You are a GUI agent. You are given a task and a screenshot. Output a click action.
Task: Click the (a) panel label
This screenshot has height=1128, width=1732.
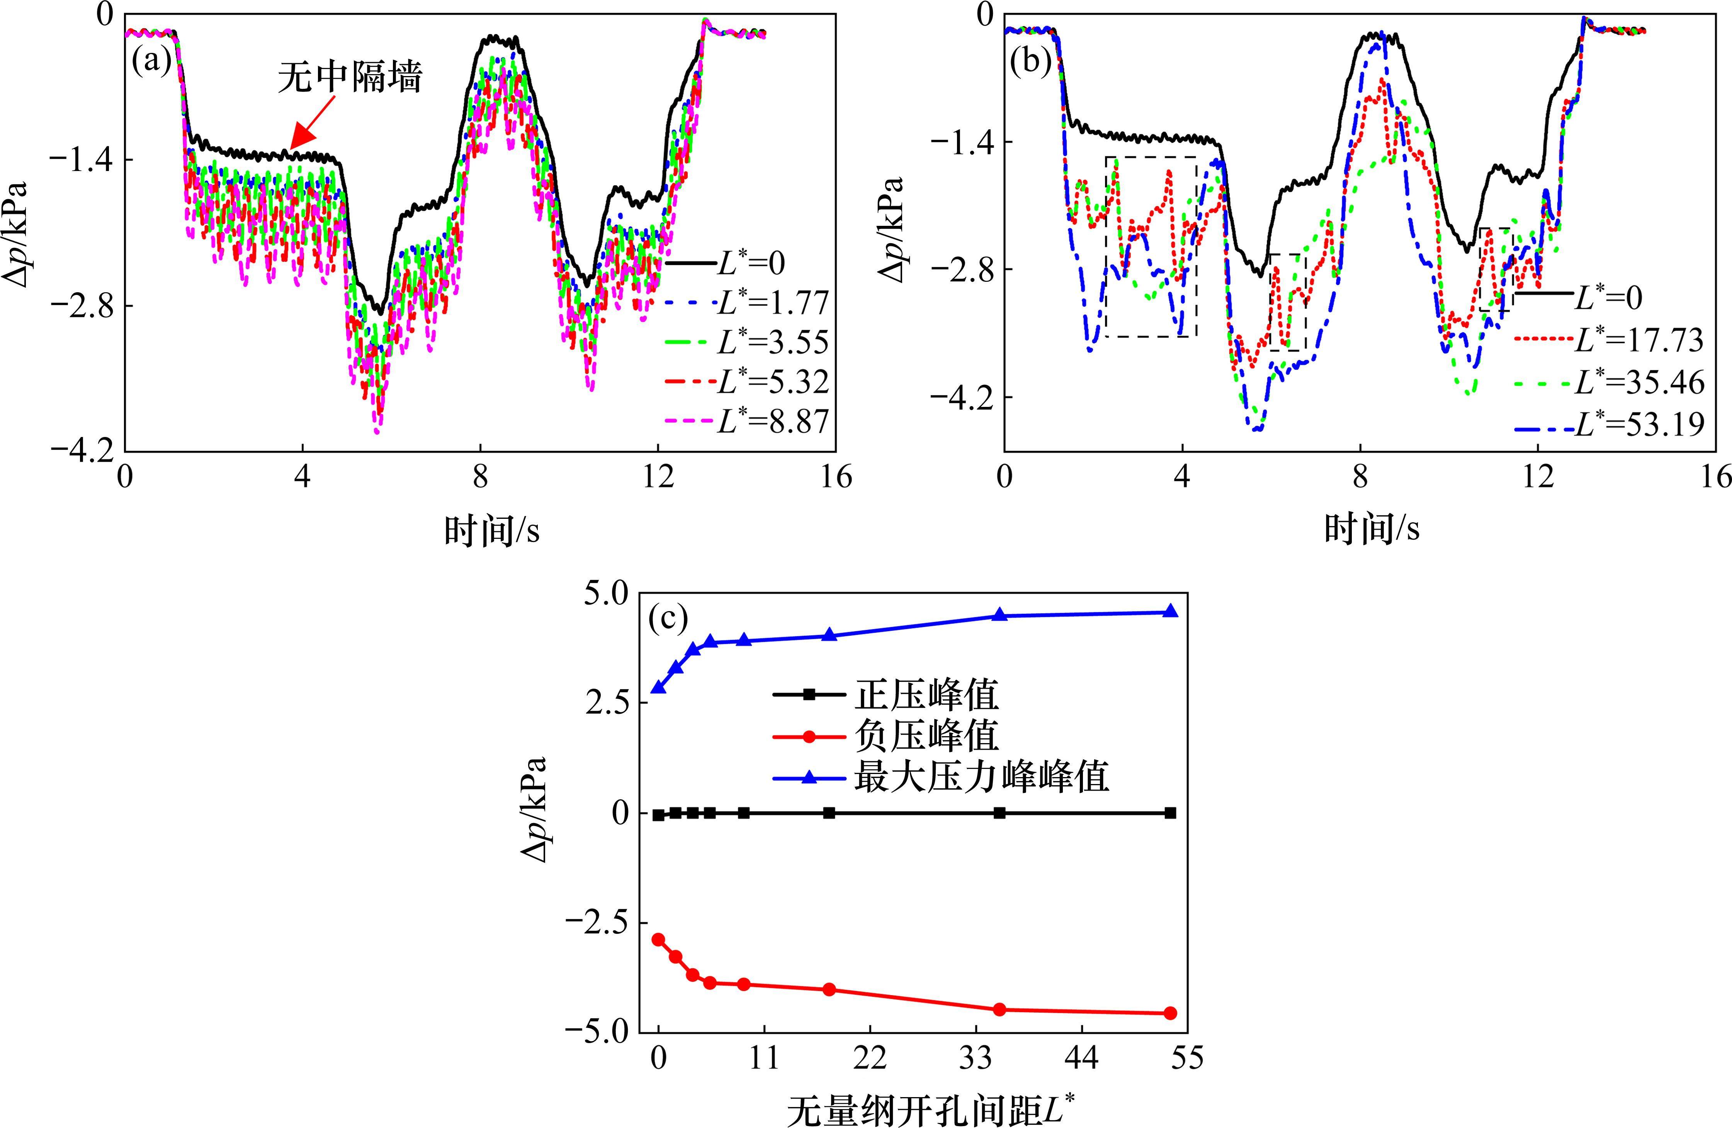point(151,62)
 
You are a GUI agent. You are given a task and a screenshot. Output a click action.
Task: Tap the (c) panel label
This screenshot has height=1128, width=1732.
point(667,618)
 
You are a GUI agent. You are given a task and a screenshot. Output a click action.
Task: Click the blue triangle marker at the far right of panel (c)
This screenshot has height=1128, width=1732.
point(1170,611)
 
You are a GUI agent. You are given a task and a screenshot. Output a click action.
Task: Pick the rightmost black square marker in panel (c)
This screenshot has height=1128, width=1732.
point(1170,813)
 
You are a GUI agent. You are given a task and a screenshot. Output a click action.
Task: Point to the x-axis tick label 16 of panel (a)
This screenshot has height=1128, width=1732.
point(835,478)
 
